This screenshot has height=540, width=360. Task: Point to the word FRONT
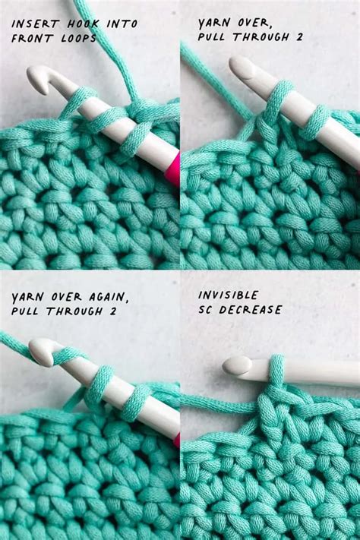(30, 37)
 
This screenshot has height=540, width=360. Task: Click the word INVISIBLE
(228, 295)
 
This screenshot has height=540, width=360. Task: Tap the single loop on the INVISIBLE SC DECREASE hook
(277, 370)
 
